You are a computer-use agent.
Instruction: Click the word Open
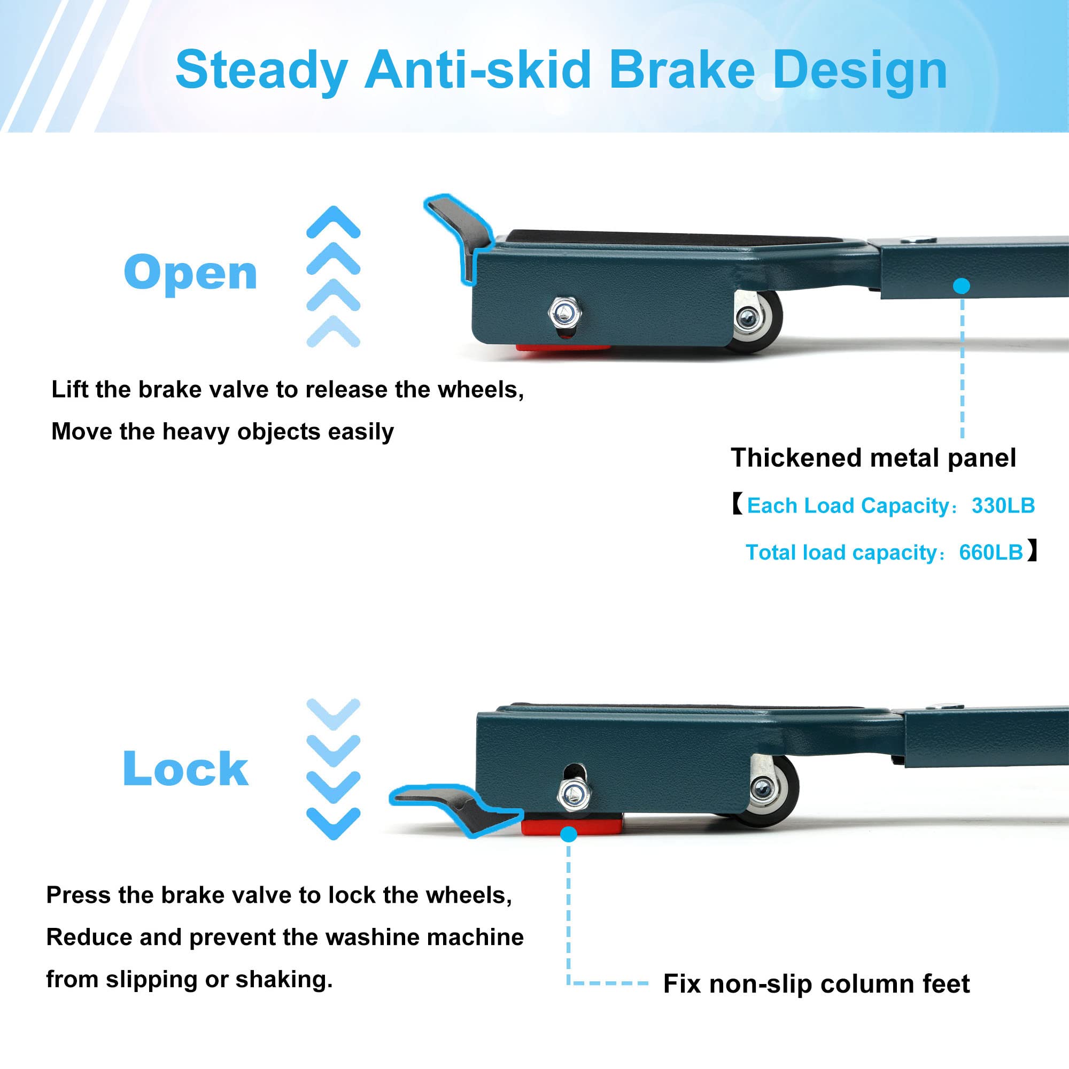190,272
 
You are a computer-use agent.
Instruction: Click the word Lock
185,769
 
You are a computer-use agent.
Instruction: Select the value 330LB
1003,506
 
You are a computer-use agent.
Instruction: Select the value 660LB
991,552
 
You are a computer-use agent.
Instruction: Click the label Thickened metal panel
873,458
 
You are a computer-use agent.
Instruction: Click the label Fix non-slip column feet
816,984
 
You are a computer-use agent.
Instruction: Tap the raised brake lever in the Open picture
458,237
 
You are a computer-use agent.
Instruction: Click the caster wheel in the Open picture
758,321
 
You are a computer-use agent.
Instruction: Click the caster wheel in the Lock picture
773,789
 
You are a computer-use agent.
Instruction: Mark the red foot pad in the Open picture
563,348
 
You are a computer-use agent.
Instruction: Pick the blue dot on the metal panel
962,286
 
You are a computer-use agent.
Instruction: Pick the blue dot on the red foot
568,834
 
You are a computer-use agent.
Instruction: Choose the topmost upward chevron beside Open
333,222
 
